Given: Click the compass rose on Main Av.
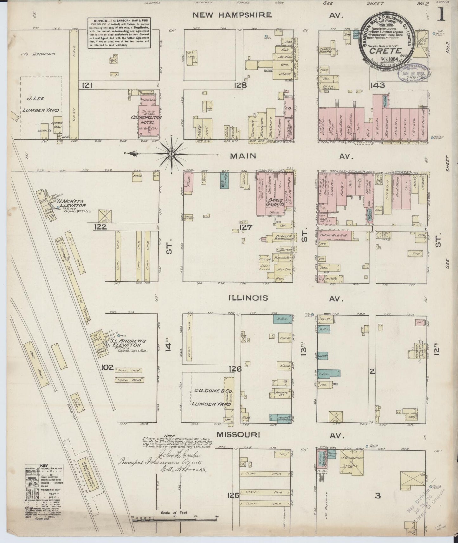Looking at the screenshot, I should pos(171,154).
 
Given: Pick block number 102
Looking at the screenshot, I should pos(107,367).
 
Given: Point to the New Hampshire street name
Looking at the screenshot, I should pos(232,15).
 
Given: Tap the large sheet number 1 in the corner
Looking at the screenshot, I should pos(441,14).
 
